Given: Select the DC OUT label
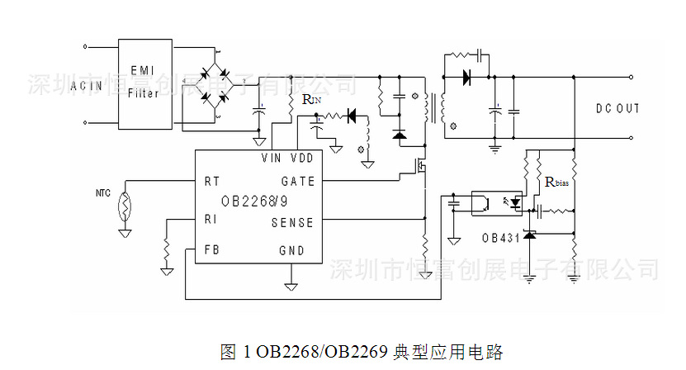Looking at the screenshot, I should pyautogui.click(x=617, y=109).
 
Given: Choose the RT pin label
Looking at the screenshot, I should pyautogui.click(x=211, y=181).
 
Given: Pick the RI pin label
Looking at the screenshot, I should pyautogui.click(x=211, y=220).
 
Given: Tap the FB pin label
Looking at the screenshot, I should pyautogui.click(x=211, y=250).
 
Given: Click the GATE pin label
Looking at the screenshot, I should pyautogui.click(x=297, y=181).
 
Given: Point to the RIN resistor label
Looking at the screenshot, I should pyautogui.click(x=312, y=100).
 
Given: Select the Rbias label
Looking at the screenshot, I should pyautogui.click(x=557, y=182).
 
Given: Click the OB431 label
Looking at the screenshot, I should pyautogui.click(x=501, y=238).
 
